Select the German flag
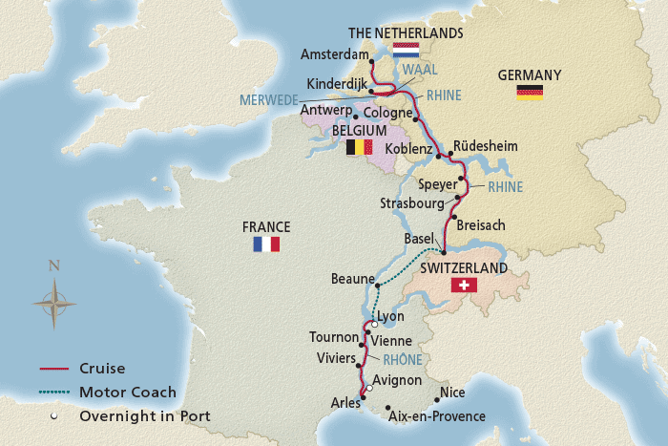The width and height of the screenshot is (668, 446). click(530, 92)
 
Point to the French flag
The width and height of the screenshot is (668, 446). click(265, 244)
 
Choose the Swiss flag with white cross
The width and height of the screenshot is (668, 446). click(465, 286)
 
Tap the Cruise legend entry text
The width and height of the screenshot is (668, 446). click(102, 368)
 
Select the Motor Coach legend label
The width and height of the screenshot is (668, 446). click(128, 392)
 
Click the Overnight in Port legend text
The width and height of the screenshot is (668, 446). click(145, 415)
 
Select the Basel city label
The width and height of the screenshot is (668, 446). click(420, 237)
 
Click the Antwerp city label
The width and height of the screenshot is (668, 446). click(324, 111)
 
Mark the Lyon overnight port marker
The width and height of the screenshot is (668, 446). click(375, 324)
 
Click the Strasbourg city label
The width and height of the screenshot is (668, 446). click(412, 203)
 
